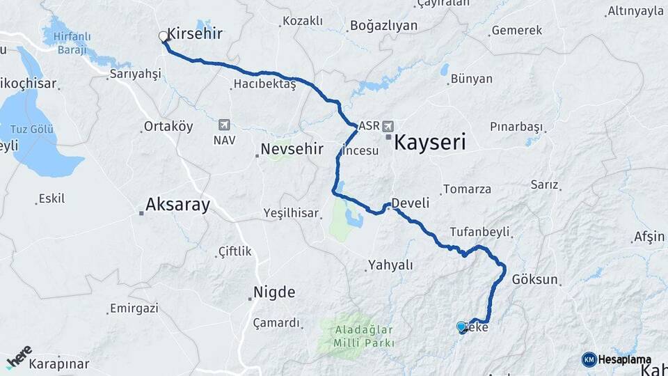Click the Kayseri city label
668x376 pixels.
[x=429, y=143]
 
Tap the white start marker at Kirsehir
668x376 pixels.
[x=164, y=36]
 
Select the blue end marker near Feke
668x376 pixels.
[x=461, y=327]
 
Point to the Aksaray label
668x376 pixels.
[x=177, y=205]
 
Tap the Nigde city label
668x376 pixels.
[x=274, y=292]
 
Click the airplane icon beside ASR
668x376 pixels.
[x=388, y=127]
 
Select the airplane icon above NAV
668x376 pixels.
[x=224, y=125]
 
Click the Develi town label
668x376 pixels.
[x=410, y=203]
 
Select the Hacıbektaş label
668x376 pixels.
[x=264, y=84]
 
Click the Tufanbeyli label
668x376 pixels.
[x=480, y=232]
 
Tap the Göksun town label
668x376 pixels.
[x=535, y=279]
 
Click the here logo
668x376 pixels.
[x=19, y=356]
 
